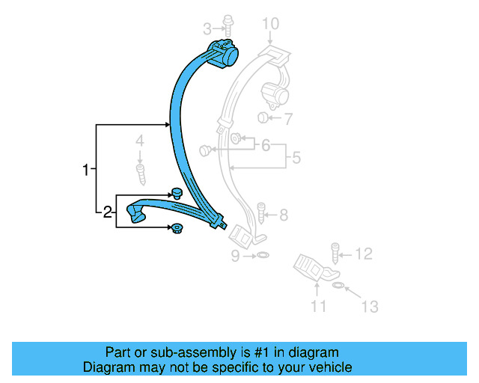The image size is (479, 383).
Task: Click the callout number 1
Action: (x=86, y=170)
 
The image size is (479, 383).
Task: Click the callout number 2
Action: (x=108, y=212)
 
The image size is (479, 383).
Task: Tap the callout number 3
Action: (x=207, y=29)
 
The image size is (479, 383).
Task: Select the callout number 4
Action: (x=139, y=141)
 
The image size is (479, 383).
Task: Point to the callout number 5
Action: (x=296, y=158)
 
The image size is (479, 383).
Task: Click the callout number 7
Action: (x=288, y=118)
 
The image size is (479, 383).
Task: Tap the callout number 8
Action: (x=283, y=215)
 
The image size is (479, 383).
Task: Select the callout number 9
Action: (x=234, y=257)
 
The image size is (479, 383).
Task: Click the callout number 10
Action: (x=269, y=23)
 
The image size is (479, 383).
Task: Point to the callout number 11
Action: (x=319, y=305)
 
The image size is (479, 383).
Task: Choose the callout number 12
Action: (x=363, y=254)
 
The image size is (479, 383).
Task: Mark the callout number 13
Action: (x=369, y=306)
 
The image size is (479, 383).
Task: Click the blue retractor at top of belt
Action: (x=223, y=54)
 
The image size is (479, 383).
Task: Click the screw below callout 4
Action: (x=140, y=173)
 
